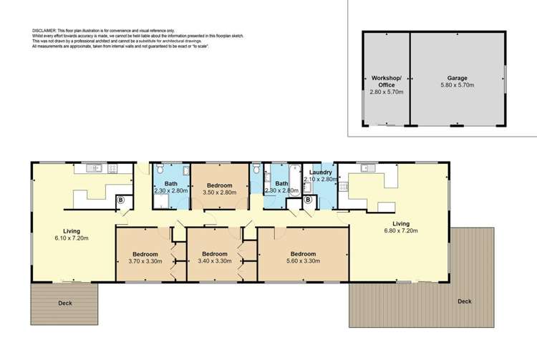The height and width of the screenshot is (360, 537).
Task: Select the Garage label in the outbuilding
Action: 458,77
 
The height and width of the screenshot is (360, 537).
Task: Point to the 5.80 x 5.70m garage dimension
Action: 458,85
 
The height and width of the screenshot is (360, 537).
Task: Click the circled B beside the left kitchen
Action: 120,200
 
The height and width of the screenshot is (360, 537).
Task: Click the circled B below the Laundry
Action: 308,200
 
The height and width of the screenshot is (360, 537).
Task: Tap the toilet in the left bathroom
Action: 160,170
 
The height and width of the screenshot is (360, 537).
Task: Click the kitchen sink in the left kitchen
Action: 94,169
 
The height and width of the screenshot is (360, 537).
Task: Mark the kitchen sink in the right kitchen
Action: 367,169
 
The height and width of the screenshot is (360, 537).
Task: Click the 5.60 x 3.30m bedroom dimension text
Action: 304,261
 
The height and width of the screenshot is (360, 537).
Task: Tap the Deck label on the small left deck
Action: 65,303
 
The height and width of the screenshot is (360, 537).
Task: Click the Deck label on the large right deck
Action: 465,301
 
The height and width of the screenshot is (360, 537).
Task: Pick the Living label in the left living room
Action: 72,230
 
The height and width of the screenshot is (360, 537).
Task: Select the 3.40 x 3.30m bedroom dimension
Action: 214,261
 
